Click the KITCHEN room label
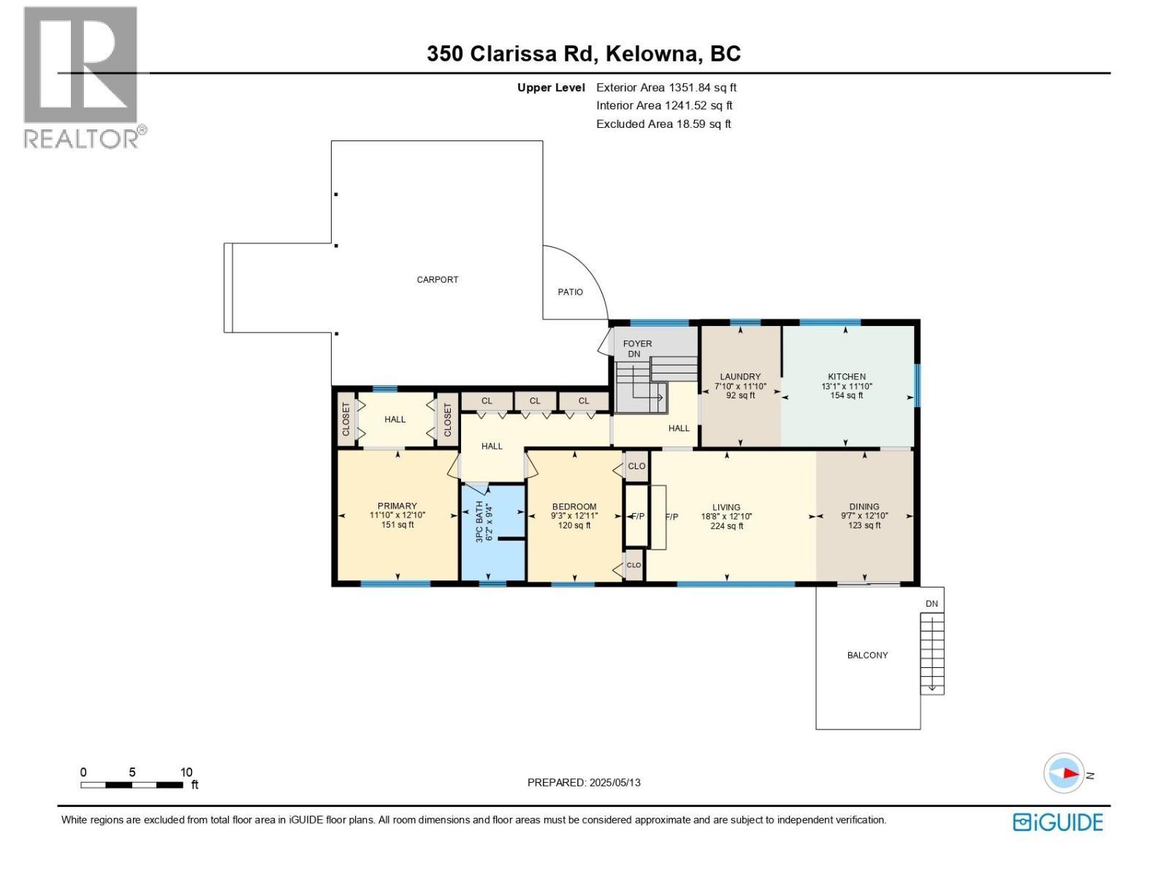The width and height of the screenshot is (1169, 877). [x=846, y=376]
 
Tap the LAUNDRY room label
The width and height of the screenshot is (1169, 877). [x=740, y=376]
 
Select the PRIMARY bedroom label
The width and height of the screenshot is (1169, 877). [x=397, y=506]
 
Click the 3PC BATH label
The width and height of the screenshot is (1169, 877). [x=480, y=521]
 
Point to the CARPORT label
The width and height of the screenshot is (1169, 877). [x=437, y=279]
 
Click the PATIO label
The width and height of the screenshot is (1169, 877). [x=570, y=292]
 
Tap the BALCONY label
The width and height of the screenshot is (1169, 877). [x=867, y=655]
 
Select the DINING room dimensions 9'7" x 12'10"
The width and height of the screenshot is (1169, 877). [x=864, y=516]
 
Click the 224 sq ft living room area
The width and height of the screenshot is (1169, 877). [x=726, y=525]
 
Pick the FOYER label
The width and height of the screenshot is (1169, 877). [x=637, y=343]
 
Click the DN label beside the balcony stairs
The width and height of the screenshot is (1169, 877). [x=932, y=604]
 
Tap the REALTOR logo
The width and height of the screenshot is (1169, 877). [x=82, y=77]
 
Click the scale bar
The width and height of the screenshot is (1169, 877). [x=132, y=785]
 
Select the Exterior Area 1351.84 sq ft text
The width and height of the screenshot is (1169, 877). [x=666, y=87]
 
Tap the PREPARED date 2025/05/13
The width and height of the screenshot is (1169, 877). [x=584, y=782]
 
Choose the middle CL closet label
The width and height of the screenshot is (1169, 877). [x=535, y=400]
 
